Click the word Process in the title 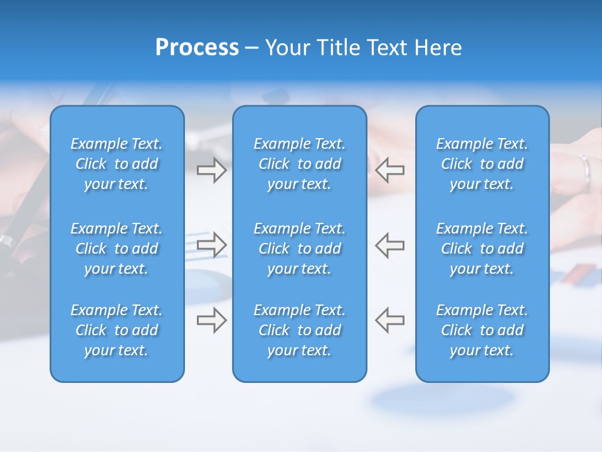[197, 48]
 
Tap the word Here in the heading [438, 48]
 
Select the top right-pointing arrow [211, 170]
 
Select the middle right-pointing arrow [211, 245]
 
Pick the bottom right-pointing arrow [211, 320]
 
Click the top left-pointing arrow [390, 170]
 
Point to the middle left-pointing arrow [390, 245]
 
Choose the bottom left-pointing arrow [390, 320]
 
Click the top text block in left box [117, 164]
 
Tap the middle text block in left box [117, 249]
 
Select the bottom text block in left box [117, 330]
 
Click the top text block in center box [300, 164]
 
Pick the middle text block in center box [300, 249]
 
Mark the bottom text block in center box [300, 330]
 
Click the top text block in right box [482, 164]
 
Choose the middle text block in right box [482, 249]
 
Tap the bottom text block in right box [482, 330]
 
